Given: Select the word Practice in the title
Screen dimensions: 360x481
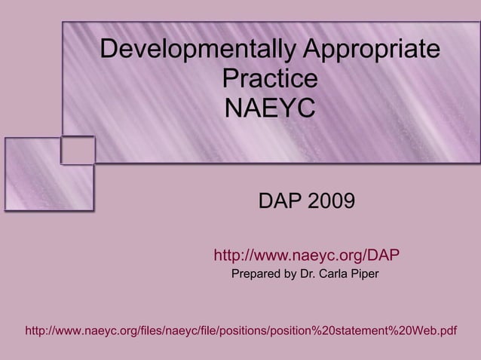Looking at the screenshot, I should [x=270, y=79].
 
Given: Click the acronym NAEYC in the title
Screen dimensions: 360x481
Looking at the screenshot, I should [x=270, y=108].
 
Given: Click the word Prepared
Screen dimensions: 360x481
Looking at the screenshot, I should [x=256, y=273].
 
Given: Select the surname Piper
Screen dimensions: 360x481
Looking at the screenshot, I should [x=364, y=273].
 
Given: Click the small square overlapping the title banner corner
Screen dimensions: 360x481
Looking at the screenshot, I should [x=78, y=149].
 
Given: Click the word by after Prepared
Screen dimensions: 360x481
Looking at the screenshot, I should [x=290, y=273].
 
